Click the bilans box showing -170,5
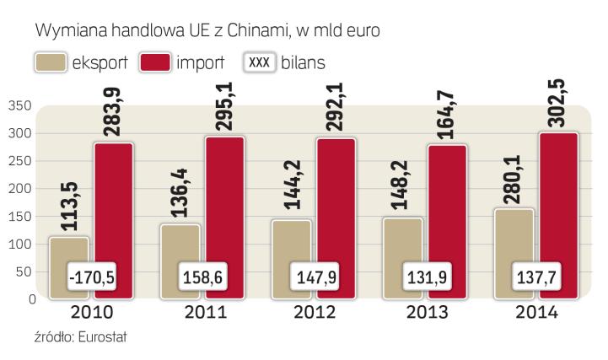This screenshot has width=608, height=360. [x=94, y=277]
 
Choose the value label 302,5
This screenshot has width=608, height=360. [x=558, y=100]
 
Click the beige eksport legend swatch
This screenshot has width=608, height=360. [x=49, y=62]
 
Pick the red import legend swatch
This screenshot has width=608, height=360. [x=157, y=62]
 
